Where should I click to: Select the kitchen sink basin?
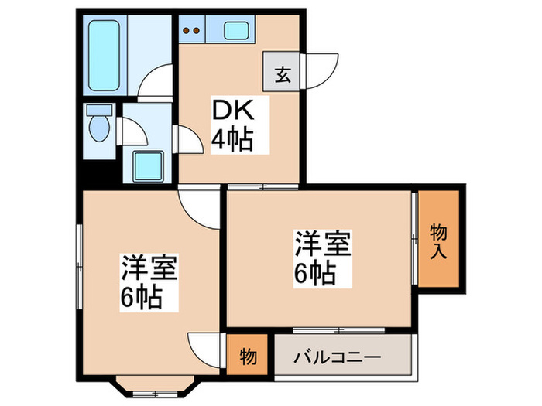coord(235,32)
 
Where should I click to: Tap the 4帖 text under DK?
coord(232,141)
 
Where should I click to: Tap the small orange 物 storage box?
coord(248,357)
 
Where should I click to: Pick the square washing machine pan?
coord(148,164)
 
